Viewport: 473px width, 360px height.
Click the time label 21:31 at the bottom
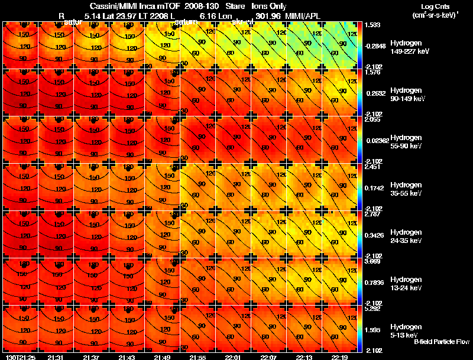[x=56, y=357]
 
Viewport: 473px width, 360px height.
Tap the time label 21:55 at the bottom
[x=197, y=357]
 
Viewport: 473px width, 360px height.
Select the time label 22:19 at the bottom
[x=339, y=357]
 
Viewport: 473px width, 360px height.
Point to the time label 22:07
[x=268, y=357]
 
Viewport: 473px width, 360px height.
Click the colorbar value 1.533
[x=372, y=25]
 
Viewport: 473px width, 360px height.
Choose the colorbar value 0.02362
[x=375, y=140]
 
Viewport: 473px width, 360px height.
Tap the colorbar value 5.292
[x=372, y=308]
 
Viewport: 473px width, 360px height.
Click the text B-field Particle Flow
[x=442, y=342]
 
